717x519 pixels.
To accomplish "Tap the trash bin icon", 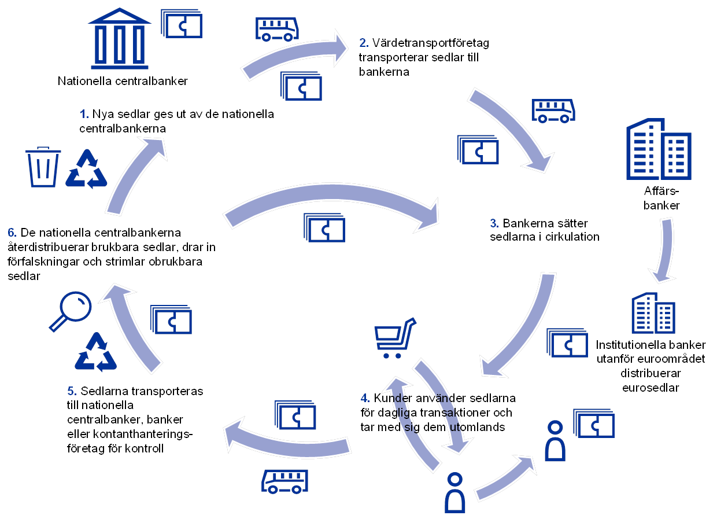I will coord(43,167).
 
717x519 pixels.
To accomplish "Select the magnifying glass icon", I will coord(71,311).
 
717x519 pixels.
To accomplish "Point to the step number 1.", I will coord(83,115).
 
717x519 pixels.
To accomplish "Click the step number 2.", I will coord(364,43).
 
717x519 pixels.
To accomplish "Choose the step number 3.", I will coord(494,223).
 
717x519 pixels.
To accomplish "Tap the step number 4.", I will coord(365,398).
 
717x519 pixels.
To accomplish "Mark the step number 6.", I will coord(12,233).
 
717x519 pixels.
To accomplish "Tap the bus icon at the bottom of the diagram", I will coord(284,481).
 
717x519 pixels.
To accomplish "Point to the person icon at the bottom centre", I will coord(455,492).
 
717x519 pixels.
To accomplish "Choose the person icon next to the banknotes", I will coord(555,441).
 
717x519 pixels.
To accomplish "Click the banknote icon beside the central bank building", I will coord(182,25).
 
